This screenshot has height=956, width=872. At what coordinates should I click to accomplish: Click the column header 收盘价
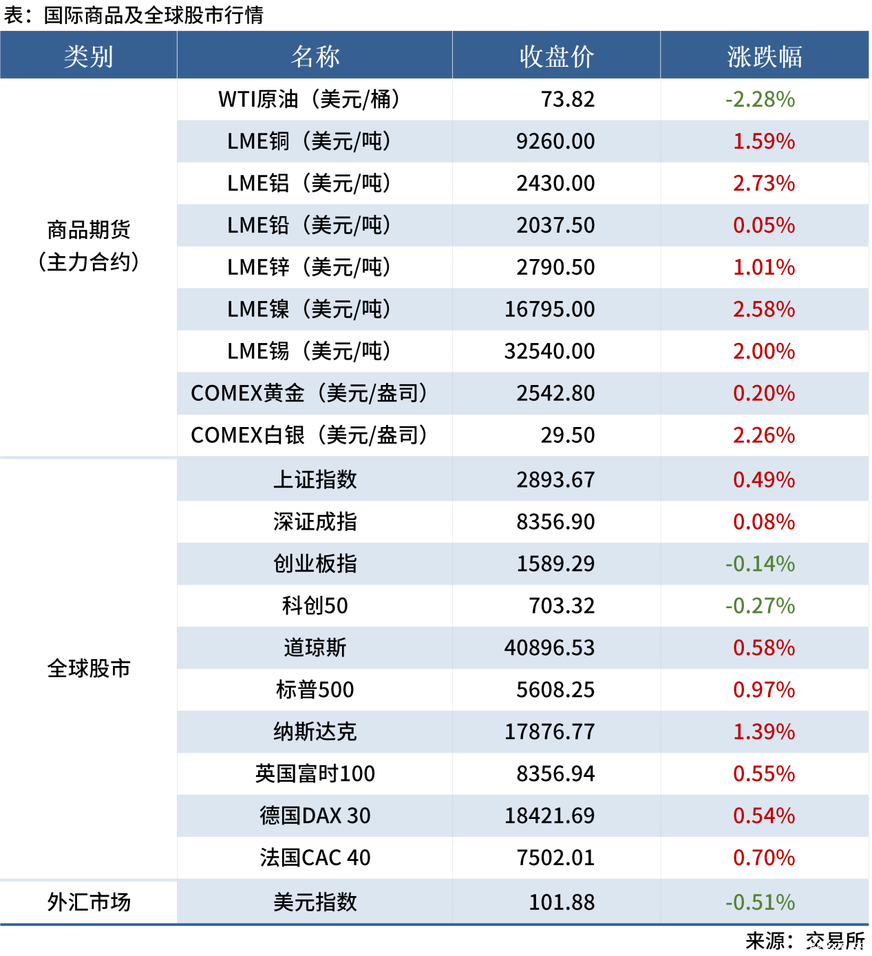click(x=556, y=56)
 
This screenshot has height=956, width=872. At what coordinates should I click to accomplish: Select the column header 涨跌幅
click(x=764, y=56)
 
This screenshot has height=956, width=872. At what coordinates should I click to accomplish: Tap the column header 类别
click(x=88, y=56)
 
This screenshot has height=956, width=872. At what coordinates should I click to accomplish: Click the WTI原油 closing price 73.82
click(x=567, y=99)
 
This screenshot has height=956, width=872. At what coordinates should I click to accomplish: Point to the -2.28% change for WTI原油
click(x=760, y=99)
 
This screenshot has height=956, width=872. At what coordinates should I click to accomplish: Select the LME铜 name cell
click(x=309, y=141)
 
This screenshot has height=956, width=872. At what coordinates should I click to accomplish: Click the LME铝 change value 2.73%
click(x=763, y=183)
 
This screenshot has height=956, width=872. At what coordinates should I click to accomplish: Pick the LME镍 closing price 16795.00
click(x=549, y=309)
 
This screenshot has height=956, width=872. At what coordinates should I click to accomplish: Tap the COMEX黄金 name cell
click(x=309, y=393)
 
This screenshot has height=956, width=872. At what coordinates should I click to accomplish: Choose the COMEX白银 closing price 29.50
click(x=567, y=435)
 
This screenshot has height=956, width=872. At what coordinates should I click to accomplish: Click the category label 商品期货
click(x=88, y=230)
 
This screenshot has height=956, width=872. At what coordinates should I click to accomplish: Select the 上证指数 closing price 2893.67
click(x=555, y=479)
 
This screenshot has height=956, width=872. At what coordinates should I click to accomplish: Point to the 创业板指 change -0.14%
click(x=760, y=563)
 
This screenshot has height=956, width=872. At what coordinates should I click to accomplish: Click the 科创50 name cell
click(x=315, y=605)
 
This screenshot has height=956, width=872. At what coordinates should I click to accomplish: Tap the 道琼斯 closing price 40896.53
click(x=549, y=647)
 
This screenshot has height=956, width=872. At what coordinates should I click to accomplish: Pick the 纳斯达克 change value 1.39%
click(x=763, y=731)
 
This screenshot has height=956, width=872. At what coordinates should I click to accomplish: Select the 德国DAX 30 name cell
click(x=315, y=815)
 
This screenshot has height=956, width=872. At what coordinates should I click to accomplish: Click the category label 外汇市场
click(x=88, y=902)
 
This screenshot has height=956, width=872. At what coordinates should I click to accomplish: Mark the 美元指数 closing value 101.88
click(x=561, y=902)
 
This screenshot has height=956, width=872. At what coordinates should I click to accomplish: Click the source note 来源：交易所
click(x=805, y=941)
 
